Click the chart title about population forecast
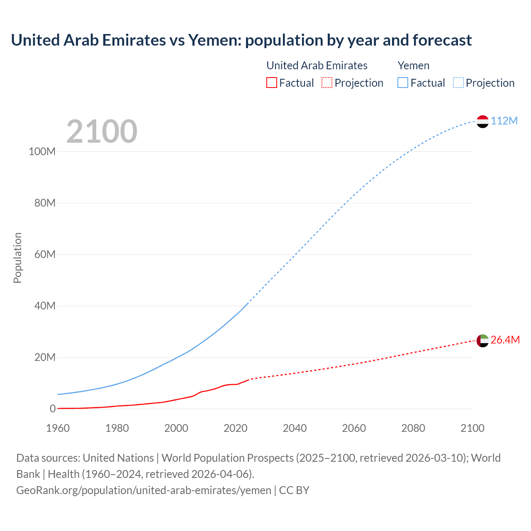[x=241, y=40]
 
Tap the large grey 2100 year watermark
[x=102, y=132]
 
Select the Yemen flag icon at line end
[x=482, y=121]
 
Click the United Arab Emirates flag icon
[x=482, y=341]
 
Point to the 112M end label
[x=504, y=121]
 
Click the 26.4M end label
[x=505, y=340]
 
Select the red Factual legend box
[x=271, y=83]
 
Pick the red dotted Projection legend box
[x=327, y=83]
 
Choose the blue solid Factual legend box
[x=402, y=83]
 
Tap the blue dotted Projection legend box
[x=458, y=83]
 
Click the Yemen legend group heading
[x=413, y=66]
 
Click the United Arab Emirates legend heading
[x=317, y=66]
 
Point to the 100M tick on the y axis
[x=42, y=151]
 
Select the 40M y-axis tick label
[x=44, y=306]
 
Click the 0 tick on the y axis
[x=53, y=409]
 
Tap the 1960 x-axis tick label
[x=58, y=428]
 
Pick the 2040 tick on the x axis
[x=295, y=428]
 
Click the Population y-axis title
[x=17, y=258]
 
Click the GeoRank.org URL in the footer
[x=144, y=490]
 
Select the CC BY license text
[x=294, y=490]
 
